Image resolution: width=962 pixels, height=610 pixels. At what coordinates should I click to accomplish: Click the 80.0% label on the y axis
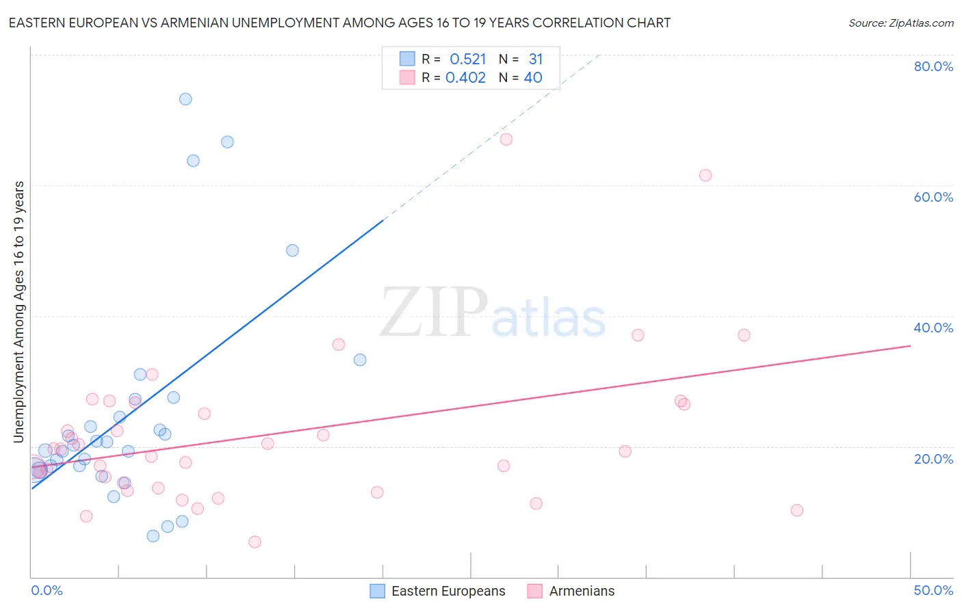(x=933, y=66)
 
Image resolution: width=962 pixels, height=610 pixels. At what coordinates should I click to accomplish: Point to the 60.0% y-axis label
(x=933, y=197)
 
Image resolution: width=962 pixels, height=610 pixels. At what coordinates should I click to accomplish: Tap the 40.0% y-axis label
(x=933, y=328)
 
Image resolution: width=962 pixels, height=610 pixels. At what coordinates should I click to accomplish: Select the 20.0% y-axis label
(x=933, y=459)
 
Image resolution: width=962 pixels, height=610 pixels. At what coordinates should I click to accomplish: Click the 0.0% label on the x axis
(x=47, y=590)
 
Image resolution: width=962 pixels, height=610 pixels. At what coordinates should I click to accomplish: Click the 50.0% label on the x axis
(x=933, y=590)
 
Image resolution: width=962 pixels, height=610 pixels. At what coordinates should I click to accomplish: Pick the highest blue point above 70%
(x=185, y=99)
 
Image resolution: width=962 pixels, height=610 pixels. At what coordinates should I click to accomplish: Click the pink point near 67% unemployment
(x=506, y=140)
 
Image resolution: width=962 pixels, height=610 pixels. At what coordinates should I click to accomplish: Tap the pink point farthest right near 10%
(x=796, y=510)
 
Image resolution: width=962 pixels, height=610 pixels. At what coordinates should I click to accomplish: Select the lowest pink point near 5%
(x=255, y=542)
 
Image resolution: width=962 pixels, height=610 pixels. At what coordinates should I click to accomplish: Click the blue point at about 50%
(x=292, y=250)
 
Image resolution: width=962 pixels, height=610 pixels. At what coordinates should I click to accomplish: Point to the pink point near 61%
(x=705, y=175)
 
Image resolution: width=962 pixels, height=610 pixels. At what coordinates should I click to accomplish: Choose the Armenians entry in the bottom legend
(x=582, y=591)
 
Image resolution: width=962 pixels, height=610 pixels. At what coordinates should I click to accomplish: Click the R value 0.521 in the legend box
(x=467, y=59)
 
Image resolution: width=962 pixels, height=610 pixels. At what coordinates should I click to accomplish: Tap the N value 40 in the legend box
(x=532, y=78)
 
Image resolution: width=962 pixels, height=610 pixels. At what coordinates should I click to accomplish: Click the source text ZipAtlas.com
(x=900, y=23)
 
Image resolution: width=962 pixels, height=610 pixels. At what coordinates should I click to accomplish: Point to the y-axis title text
(x=18, y=312)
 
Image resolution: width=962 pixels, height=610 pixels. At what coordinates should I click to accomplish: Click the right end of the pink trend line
(x=910, y=346)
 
